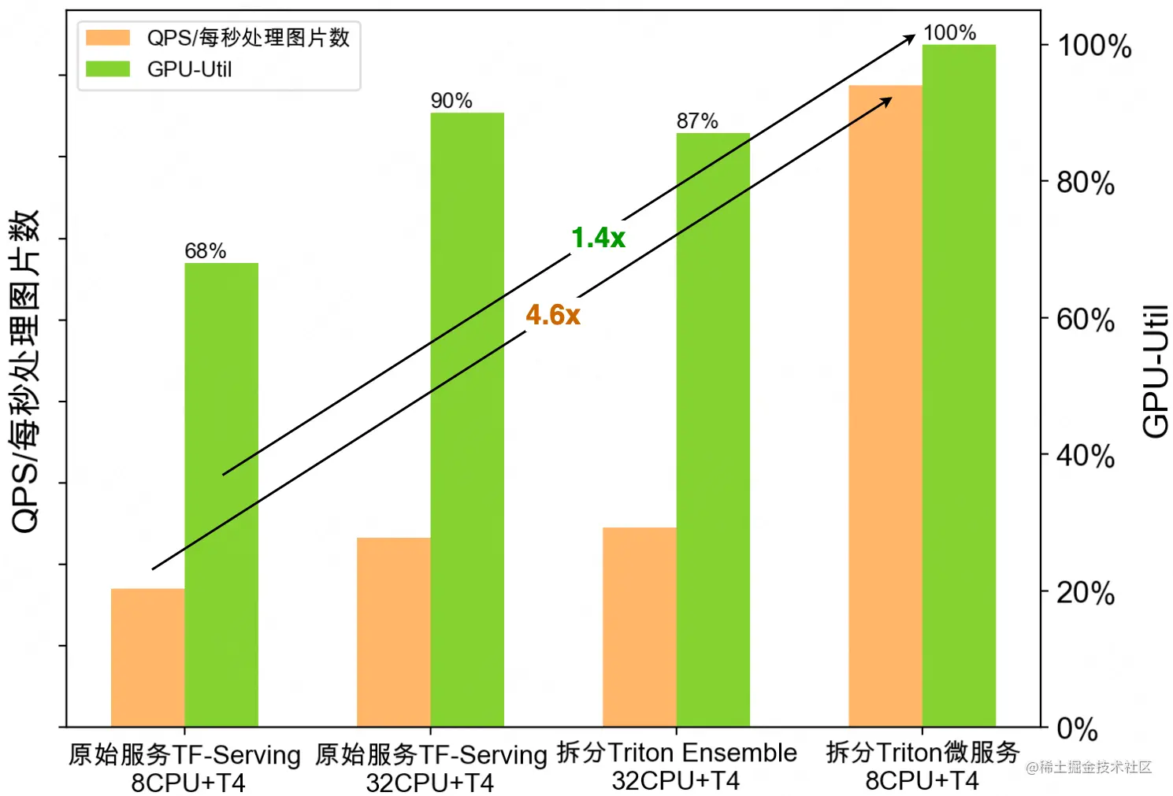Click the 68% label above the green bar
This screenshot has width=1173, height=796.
205,251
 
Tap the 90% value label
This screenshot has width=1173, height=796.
451,101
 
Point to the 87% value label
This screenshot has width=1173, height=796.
696,121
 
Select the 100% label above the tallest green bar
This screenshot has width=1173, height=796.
949,33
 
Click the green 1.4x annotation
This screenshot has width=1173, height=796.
598,238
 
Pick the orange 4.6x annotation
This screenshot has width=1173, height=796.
553,316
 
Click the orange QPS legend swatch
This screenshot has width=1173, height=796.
107,37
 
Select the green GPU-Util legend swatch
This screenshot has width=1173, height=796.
107,69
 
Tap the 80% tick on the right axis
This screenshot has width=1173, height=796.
1085,183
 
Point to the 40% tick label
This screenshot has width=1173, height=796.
1085,456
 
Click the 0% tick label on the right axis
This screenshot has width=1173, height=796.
1076,729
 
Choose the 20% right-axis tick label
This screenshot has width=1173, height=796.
1085,593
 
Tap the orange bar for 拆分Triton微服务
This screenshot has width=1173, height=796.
885,405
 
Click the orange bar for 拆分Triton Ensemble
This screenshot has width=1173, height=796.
639,627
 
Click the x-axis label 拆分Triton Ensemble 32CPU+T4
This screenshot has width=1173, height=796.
676,766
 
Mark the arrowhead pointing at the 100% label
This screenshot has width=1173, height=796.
909,38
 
